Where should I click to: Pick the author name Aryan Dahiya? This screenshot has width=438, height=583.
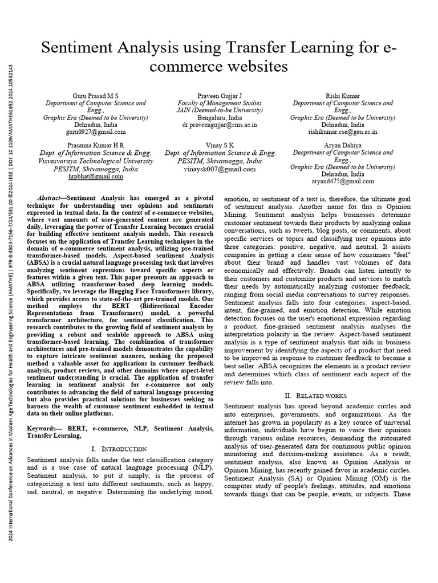coord(343,145)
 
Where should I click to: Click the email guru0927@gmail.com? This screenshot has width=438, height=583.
coord(95,131)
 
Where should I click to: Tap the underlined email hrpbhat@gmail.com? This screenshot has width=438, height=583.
coord(95,176)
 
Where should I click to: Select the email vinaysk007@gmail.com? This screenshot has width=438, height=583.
coord(220,169)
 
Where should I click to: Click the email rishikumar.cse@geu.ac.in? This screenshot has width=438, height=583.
coord(343,131)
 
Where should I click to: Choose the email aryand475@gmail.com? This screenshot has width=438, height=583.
coord(343,182)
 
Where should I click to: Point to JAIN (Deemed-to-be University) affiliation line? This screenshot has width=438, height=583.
coord(219,110)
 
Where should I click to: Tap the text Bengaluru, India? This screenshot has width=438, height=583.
coord(219,117)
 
